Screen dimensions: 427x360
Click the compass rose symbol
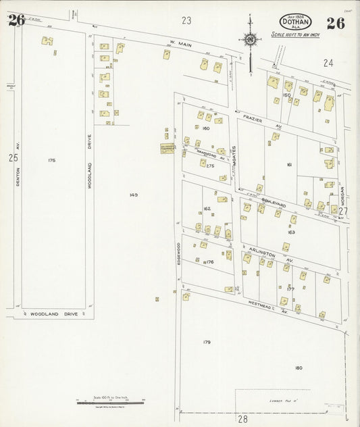click(251, 39)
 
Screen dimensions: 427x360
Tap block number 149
click(133, 195)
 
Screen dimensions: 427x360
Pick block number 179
click(207, 342)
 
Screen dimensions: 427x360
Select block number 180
click(299, 368)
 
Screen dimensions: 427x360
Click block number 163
click(291, 232)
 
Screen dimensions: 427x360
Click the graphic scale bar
click(111, 401)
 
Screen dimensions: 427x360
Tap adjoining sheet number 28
click(242, 419)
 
